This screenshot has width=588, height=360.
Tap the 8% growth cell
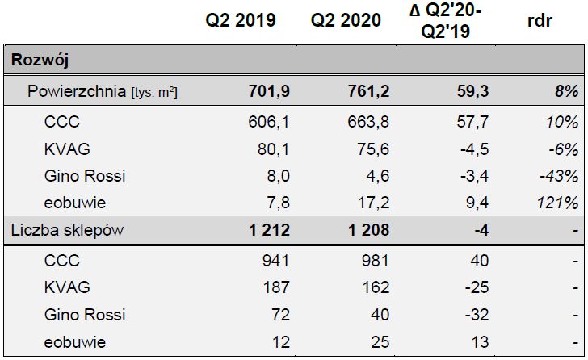click(566, 92)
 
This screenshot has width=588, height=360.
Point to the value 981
click(373, 262)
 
